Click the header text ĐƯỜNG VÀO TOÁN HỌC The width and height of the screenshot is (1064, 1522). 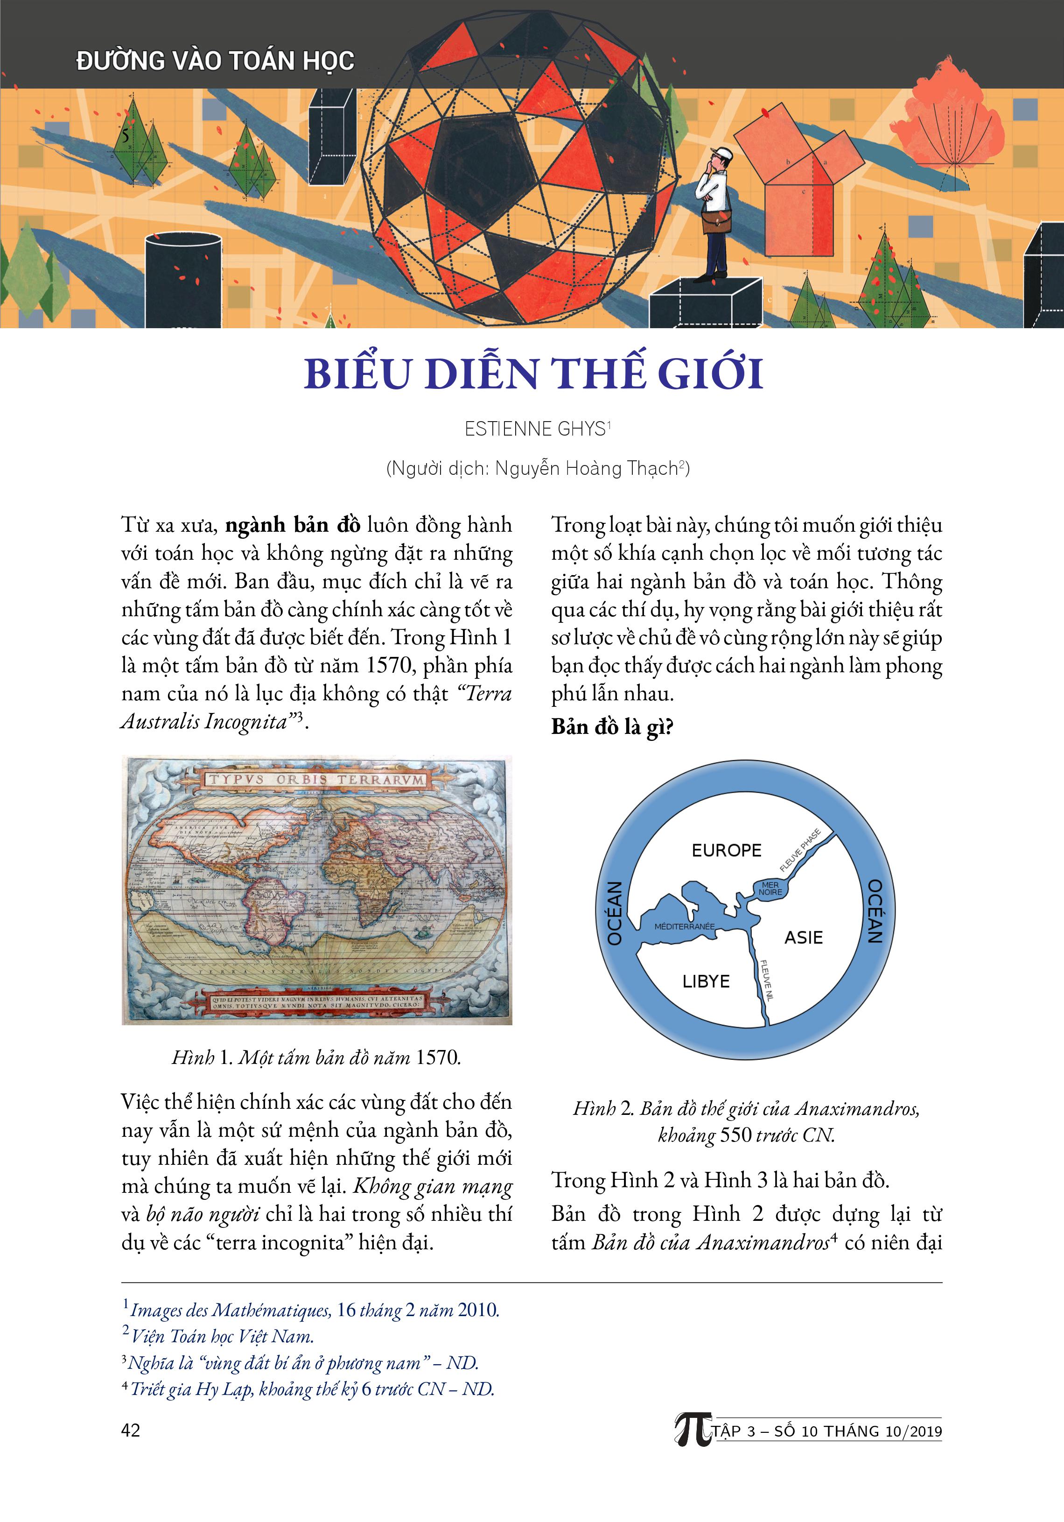point(215,61)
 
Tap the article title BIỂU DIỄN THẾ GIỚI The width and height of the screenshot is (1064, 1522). point(533,374)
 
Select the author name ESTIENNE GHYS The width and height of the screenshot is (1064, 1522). point(535,430)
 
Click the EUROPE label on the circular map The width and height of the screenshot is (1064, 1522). point(726,851)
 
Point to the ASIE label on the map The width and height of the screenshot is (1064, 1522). point(804,937)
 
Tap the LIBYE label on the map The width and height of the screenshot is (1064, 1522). point(706,981)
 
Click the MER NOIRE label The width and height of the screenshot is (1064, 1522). point(770,888)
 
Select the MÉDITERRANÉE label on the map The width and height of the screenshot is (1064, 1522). point(685,926)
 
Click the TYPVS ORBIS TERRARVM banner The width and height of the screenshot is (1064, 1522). point(317,780)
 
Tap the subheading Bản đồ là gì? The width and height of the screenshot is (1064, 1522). point(612,727)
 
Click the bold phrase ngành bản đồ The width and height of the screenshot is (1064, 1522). point(293,525)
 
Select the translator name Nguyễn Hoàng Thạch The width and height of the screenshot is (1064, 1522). point(586,469)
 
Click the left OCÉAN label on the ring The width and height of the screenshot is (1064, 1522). point(615,913)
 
